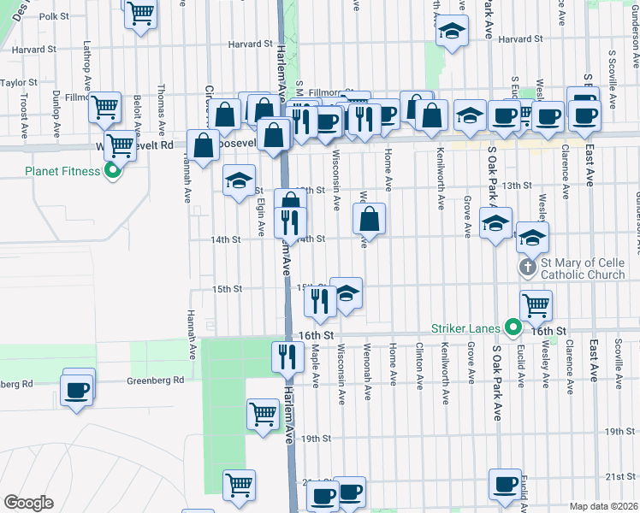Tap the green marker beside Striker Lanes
point(513,327)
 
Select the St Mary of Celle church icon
point(528,268)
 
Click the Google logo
point(28,503)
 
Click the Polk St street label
point(54,16)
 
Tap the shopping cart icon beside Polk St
point(139,14)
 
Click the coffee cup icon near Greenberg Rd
point(78,389)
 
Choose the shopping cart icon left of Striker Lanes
point(536,304)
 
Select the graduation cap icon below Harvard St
point(450,33)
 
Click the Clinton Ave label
point(418,363)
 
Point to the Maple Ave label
point(315,363)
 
